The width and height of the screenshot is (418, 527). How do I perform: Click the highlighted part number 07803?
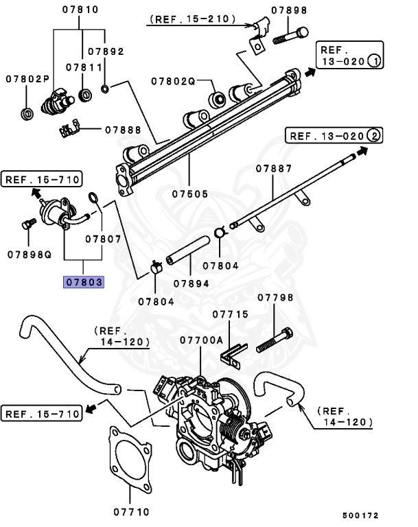coord(83,282)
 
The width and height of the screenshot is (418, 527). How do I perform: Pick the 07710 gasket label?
coord(131,511)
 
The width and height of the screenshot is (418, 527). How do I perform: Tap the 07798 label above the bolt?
coord(275,298)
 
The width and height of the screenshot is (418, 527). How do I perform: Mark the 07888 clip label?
coord(124,130)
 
